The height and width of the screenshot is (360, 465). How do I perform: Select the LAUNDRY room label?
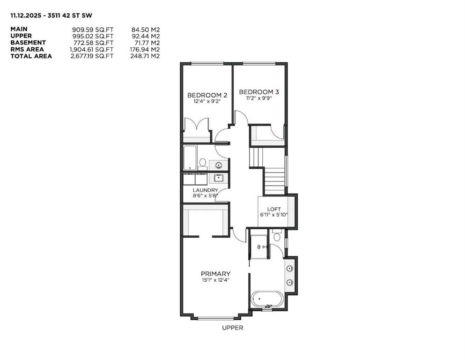205,190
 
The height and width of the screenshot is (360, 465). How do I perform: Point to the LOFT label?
273,209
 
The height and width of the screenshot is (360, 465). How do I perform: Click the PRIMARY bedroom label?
215,274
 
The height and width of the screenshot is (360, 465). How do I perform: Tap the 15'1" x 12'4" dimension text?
215,280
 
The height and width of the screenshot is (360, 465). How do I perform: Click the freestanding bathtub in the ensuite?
267,299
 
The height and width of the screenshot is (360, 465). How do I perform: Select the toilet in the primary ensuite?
277,236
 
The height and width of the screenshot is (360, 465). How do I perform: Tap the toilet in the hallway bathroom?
203,163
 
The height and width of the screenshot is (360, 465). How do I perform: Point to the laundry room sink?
218,178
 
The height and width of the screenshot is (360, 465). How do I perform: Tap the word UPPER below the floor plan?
232,328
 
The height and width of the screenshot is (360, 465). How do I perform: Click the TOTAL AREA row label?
31,56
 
